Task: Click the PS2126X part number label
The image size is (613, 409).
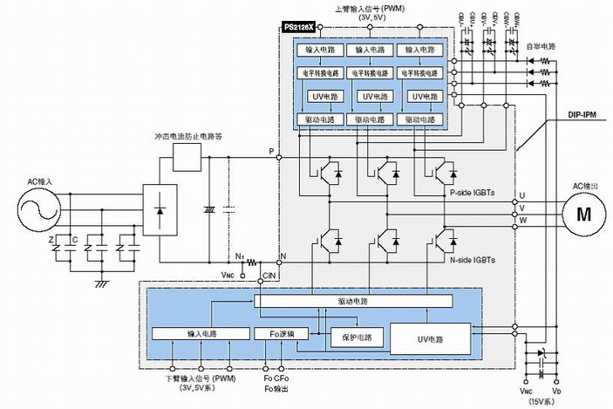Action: [x=298, y=29]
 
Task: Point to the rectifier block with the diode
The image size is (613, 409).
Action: [x=159, y=210]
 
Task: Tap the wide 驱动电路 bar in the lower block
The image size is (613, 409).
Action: [x=354, y=301]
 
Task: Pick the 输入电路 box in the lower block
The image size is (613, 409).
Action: [x=200, y=334]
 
